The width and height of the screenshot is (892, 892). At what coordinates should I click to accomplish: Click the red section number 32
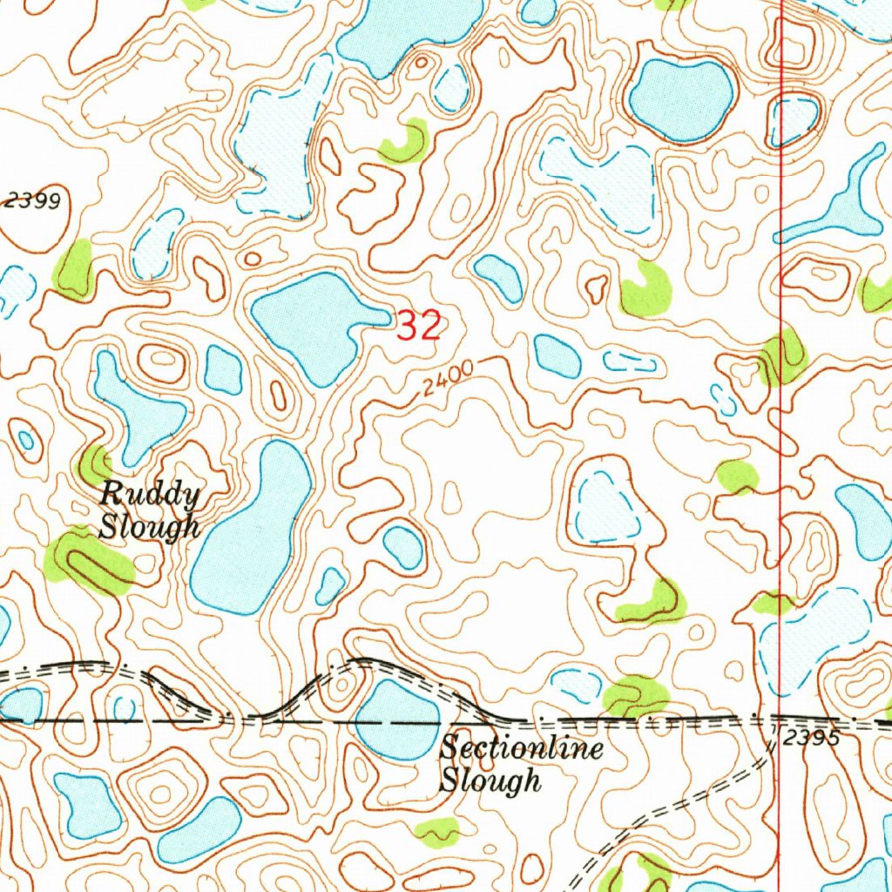coord(420,327)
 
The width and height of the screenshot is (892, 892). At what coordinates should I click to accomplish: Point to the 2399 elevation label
coord(32,201)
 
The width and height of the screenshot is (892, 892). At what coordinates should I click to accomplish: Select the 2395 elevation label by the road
coord(809,739)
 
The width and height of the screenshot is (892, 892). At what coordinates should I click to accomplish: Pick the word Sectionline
coord(521,748)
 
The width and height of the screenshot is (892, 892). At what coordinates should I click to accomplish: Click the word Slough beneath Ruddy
coord(149,527)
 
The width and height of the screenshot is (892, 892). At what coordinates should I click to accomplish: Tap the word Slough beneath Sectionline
coord(490,780)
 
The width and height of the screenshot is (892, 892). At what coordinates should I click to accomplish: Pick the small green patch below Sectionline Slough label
coord(436,832)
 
